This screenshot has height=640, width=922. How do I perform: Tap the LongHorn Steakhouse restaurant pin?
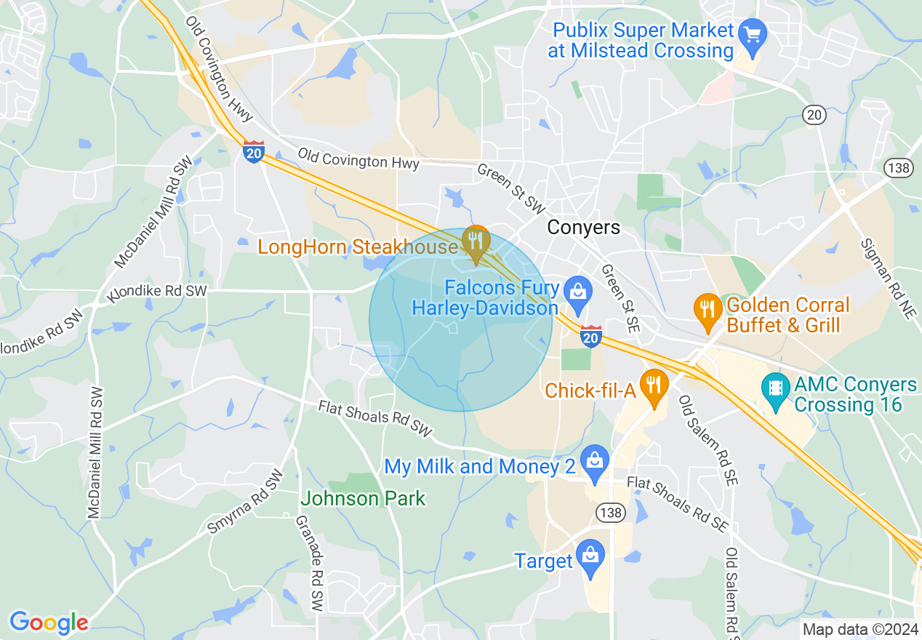[x=476, y=242]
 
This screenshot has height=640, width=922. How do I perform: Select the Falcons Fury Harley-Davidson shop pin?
[x=578, y=292]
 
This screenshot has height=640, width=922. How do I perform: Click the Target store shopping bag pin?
[x=590, y=556]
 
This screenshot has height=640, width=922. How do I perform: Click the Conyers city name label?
[x=584, y=228]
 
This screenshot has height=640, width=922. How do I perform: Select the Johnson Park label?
[x=363, y=498]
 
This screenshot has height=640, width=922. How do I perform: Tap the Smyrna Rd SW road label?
[x=246, y=502]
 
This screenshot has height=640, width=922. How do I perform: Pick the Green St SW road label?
[x=510, y=188]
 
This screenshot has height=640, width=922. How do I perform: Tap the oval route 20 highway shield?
[x=814, y=115]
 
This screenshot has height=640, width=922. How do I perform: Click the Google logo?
[x=49, y=623]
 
